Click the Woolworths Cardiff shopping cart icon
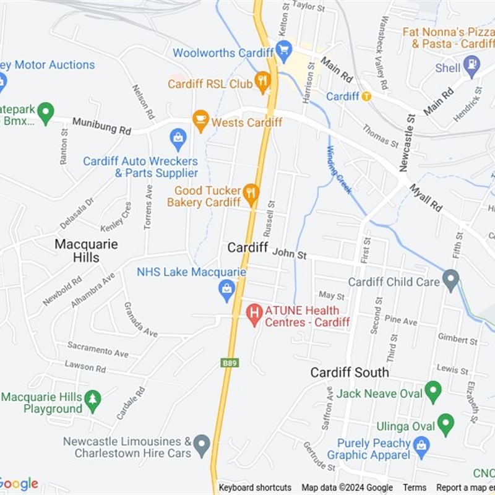[284, 50]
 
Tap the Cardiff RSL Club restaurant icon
[264, 82]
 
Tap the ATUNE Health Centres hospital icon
[254, 314]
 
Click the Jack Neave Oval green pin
[433, 391]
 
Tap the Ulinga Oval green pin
[445, 424]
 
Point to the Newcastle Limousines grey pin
[201, 444]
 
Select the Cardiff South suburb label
[350, 372]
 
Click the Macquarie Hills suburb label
[86, 251]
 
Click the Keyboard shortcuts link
[255, 488]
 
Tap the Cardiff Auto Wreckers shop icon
[178, 139]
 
